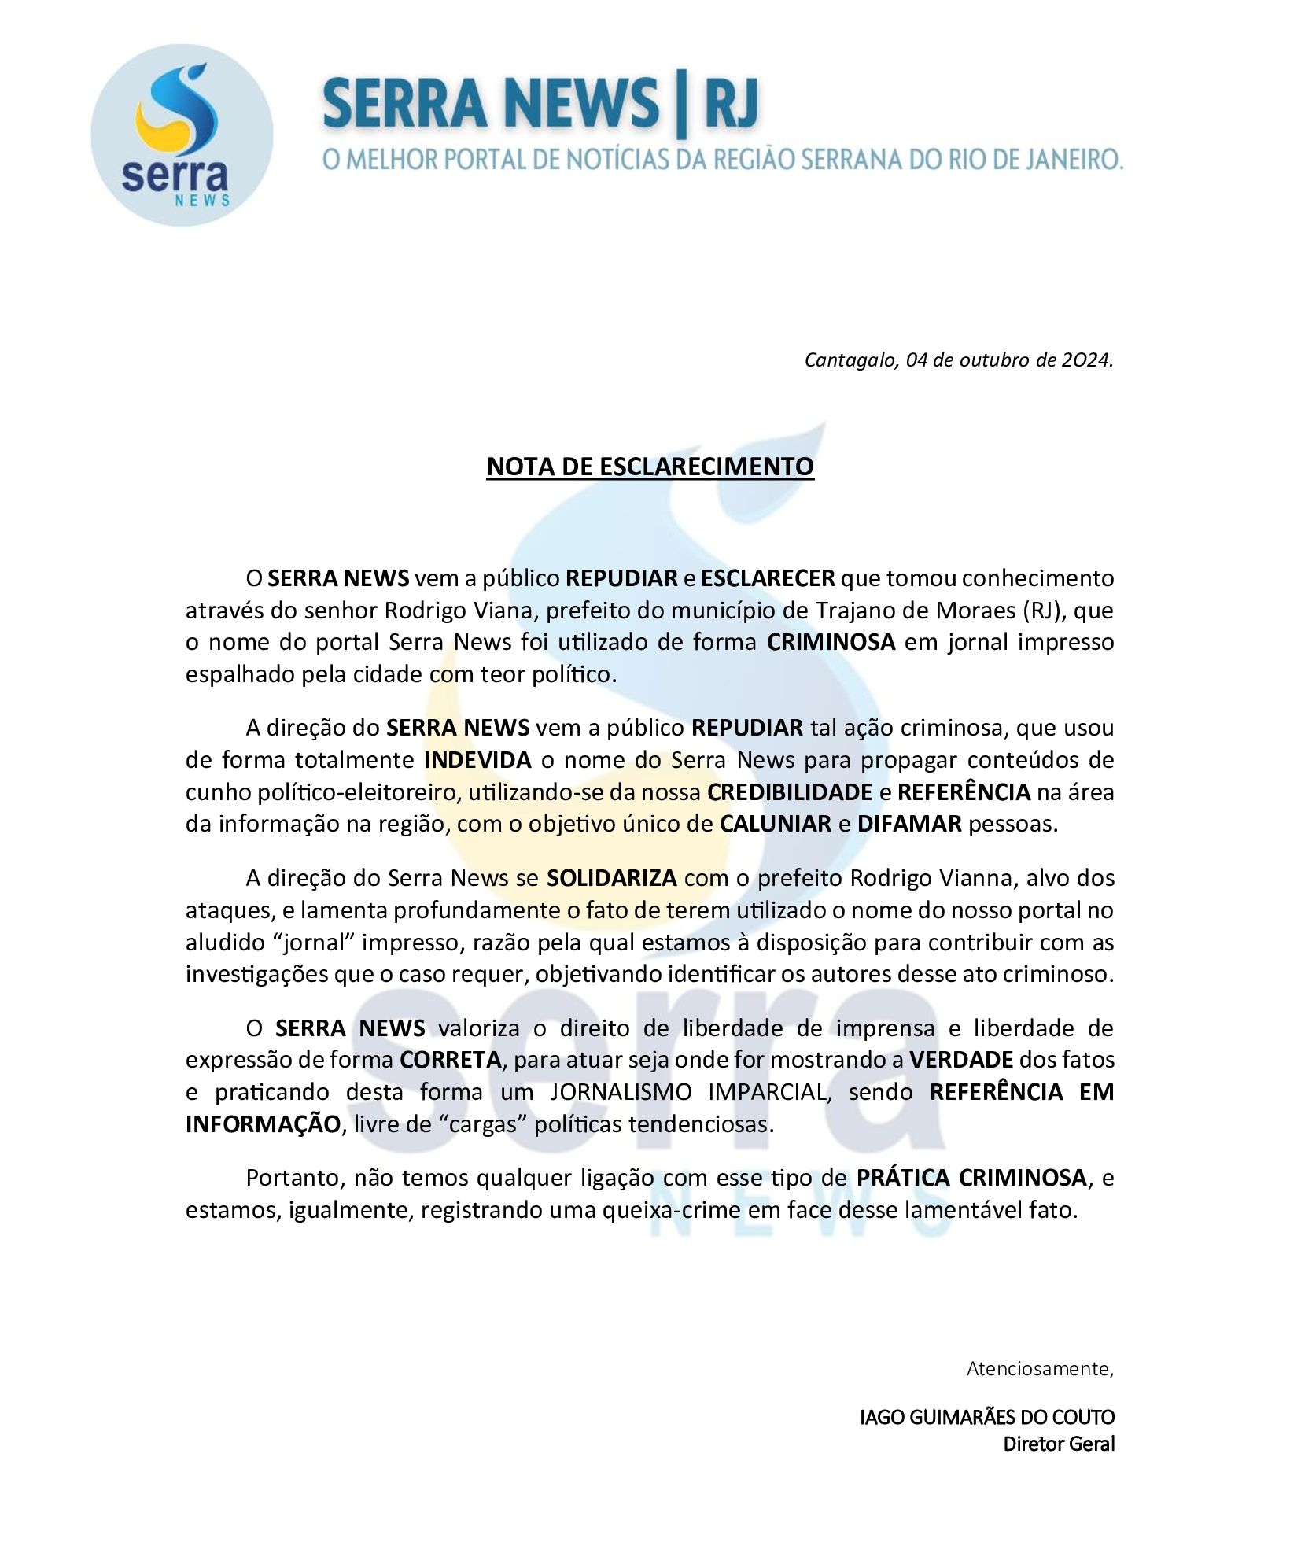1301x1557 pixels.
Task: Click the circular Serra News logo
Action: pos(182,135)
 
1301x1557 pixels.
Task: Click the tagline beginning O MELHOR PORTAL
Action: pos(722,160)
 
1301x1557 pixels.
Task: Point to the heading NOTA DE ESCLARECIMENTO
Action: pos(650,467)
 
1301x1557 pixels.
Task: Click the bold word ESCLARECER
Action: pos(767,578)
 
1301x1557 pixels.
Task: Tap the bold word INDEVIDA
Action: pos(477,760)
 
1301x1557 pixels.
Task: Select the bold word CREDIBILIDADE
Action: pos(789,792)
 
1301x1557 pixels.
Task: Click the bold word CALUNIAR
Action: pos(776,825)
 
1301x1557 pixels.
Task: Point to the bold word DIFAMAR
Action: pos(909,825)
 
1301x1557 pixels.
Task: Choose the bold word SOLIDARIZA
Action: pos(611,878)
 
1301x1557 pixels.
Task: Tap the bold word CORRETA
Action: pos(450,1060)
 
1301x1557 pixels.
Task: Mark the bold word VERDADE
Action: pos(961,1060)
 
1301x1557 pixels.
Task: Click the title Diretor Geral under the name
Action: pos(1059,1444)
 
